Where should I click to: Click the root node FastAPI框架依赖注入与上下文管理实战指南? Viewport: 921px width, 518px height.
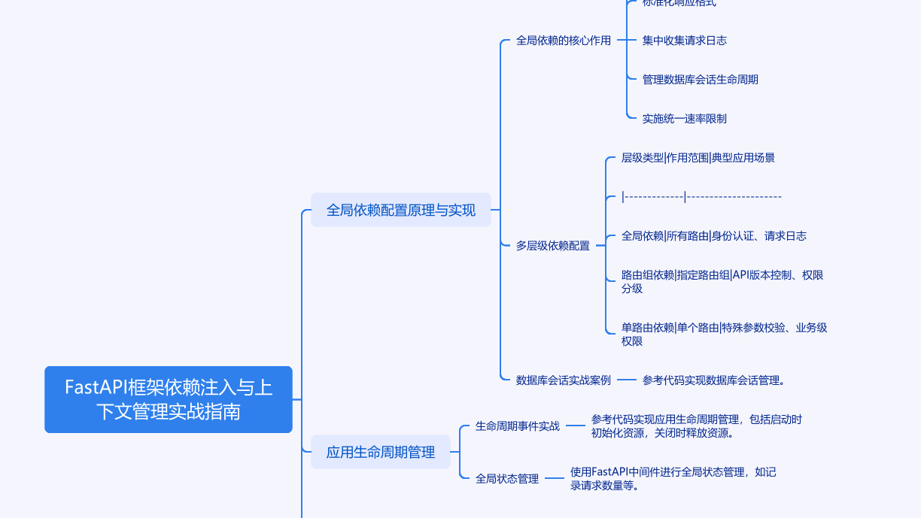tap(169, 399)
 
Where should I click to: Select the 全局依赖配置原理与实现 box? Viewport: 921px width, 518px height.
tap(400, 210)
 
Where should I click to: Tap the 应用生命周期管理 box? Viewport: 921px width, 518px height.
tap(380, 452)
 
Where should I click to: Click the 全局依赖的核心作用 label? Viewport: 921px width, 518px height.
tap(563, 41)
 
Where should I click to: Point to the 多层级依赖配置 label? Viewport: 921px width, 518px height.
tap(552, 246)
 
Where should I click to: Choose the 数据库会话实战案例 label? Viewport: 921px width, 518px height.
tap(563, 380)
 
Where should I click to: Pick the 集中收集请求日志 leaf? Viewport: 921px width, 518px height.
tap(684, 41)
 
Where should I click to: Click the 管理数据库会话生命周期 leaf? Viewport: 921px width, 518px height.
tap(700, 80)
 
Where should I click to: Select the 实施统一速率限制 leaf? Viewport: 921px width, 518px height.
tap(684, 119)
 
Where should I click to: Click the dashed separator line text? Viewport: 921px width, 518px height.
tap(701, 197)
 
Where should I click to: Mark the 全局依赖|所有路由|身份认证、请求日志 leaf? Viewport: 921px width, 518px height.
tap(713, 236)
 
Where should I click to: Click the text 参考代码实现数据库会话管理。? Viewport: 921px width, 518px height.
tap(713, 380)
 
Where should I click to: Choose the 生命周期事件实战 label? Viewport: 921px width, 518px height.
tap(517, 426)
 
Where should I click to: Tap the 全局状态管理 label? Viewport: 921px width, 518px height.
tap(506, 479)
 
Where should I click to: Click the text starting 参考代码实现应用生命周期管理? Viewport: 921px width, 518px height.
tap(696, 426)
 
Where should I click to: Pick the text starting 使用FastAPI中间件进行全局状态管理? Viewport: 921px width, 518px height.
tap(673, 478)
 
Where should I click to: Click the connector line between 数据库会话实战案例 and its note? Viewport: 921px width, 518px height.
tap(626, 380)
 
